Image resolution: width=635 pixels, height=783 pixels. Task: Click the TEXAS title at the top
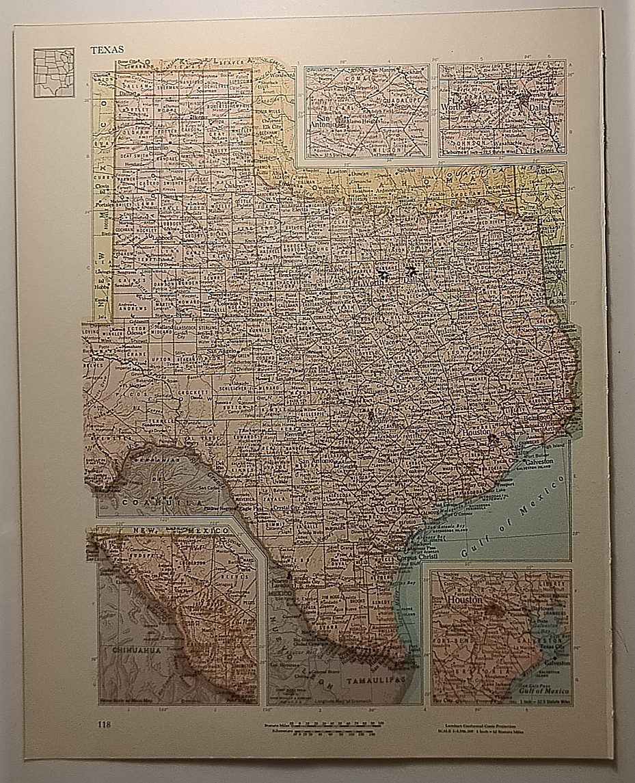point(107,50)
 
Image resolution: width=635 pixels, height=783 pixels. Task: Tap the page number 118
point(103,724)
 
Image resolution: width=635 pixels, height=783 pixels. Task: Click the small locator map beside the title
point(54,72)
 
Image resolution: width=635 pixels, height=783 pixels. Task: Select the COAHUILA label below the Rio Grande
point(149,502)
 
